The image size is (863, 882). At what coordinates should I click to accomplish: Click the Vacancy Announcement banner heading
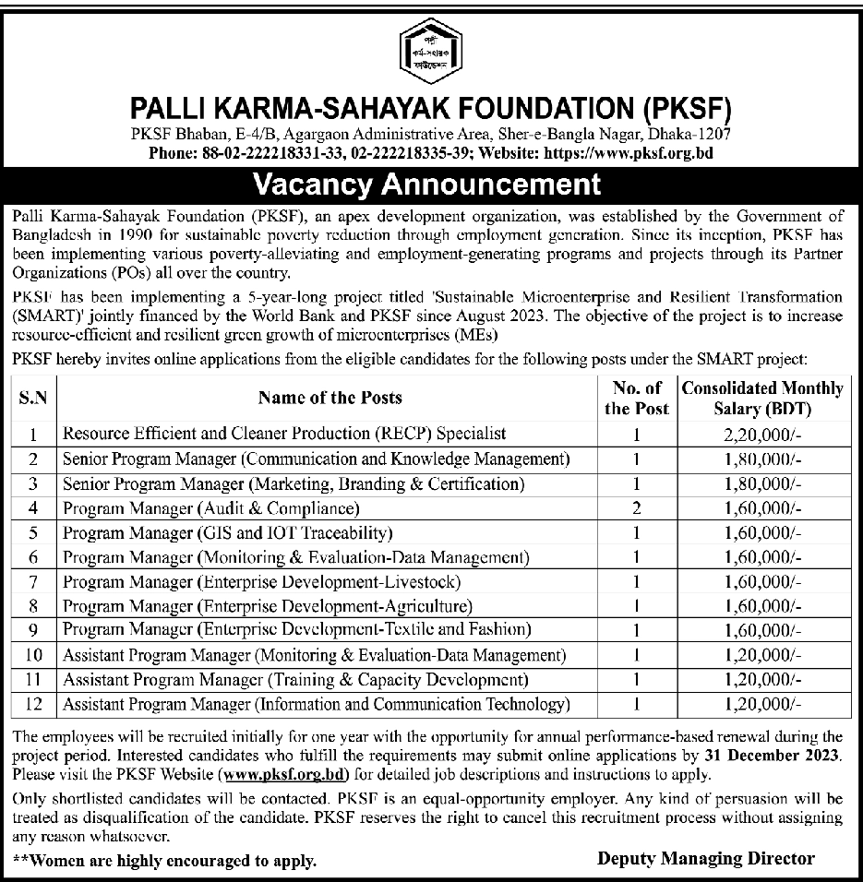click(x=431, y=184)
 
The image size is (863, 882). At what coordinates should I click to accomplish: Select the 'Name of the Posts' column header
click(x=330, y=398)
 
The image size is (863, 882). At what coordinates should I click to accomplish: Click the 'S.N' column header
click(x=33, y=398)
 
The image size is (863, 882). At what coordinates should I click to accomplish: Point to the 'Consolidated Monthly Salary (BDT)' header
click(x=761, y=398)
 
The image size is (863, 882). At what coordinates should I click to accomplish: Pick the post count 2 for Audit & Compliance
click(x=636, y=508)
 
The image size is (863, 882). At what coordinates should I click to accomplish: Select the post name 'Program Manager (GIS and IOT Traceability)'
click(x=227, y=533)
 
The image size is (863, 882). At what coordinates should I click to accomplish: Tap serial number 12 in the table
click(x=33, y=705)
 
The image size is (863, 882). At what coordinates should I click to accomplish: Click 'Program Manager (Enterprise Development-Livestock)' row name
click(x=261, y=582)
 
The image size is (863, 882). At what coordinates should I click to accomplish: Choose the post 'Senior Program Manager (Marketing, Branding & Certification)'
click(x=294, y=483)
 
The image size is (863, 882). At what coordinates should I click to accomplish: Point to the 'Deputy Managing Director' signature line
click(x=706, y=858)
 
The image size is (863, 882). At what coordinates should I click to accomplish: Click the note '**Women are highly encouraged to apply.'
click(x=165, y=861)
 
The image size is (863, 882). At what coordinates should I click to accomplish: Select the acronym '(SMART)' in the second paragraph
click(x=46, y=316)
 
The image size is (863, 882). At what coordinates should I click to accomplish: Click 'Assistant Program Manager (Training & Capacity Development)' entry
click(x=295, y=680)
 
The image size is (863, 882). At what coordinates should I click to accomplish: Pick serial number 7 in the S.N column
click(x=33, y=582)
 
